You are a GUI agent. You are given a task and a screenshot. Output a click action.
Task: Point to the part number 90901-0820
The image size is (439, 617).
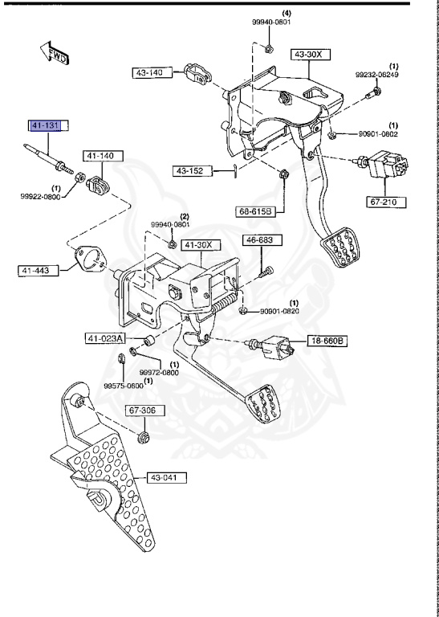pyautogui.click(x=279, y=311)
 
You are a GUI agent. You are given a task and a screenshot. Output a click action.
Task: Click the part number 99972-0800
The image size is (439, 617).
pyautogui.click(x=159, y=373)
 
